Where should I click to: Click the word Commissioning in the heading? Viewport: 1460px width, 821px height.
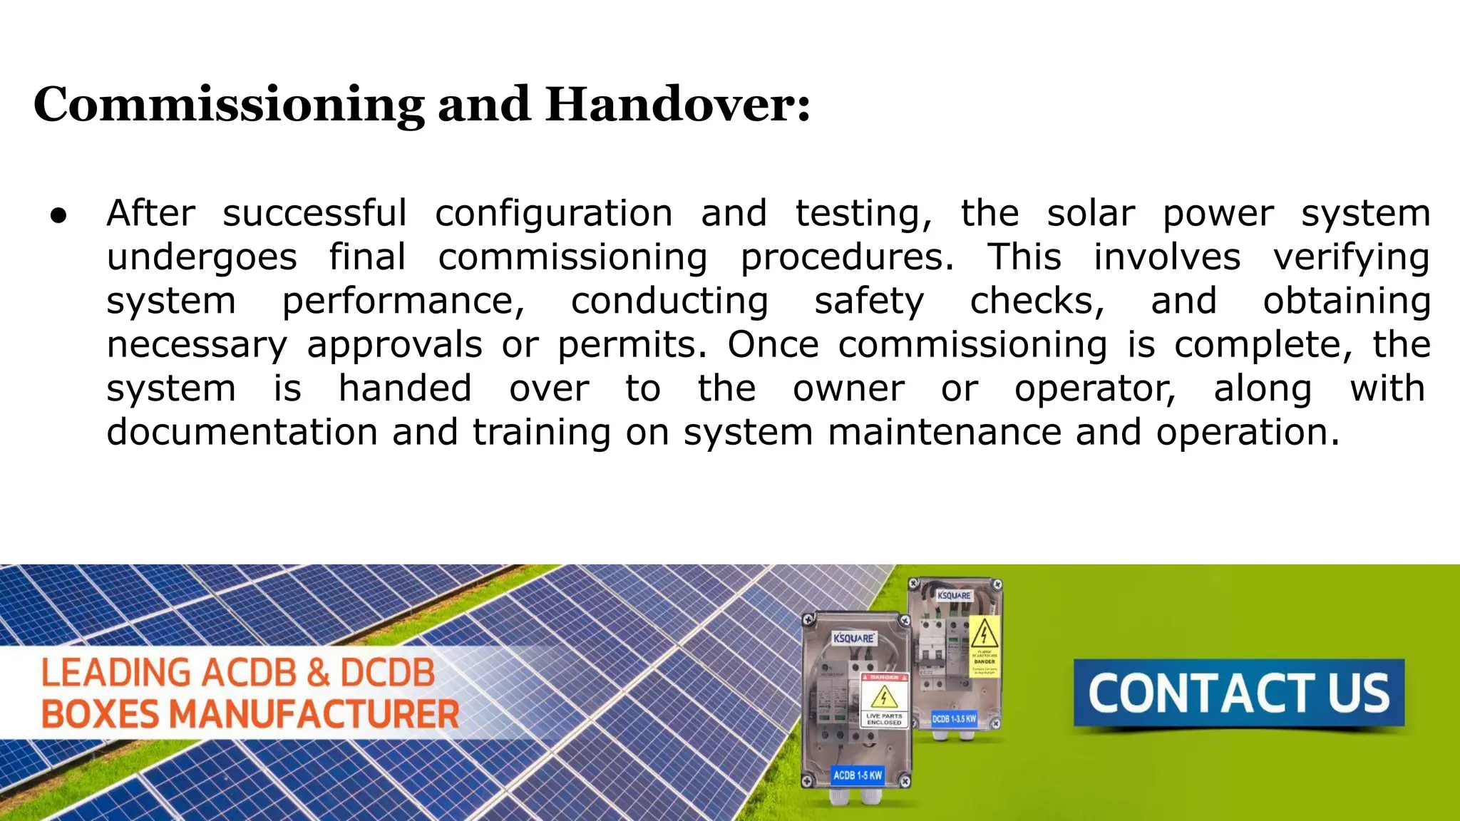click(228, 105)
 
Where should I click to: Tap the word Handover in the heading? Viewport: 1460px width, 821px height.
click(677, 104)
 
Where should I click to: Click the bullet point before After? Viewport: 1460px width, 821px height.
click(59, 215)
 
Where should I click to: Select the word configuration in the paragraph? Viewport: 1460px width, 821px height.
click(553, 214)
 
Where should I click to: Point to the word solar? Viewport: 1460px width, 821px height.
click(1090, 214)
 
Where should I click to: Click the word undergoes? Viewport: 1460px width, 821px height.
click(202, 257)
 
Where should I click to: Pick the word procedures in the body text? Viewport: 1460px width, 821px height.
click(847, 257)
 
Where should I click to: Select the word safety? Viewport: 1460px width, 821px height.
click(869, 301)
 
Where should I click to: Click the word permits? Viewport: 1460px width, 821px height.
click(632, 345)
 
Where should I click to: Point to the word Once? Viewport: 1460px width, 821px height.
click(773, 345)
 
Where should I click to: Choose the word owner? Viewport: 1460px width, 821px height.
click(848, 389)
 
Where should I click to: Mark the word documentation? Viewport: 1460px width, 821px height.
click(242, 433)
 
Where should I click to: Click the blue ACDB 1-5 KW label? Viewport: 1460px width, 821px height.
click(858, 775)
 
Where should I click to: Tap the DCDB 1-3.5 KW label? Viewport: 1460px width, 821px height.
click(954, 719)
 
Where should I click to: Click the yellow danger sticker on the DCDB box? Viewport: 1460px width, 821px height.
click(985, 645)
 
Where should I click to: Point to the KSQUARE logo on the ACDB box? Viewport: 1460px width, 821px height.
click(853, 638)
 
